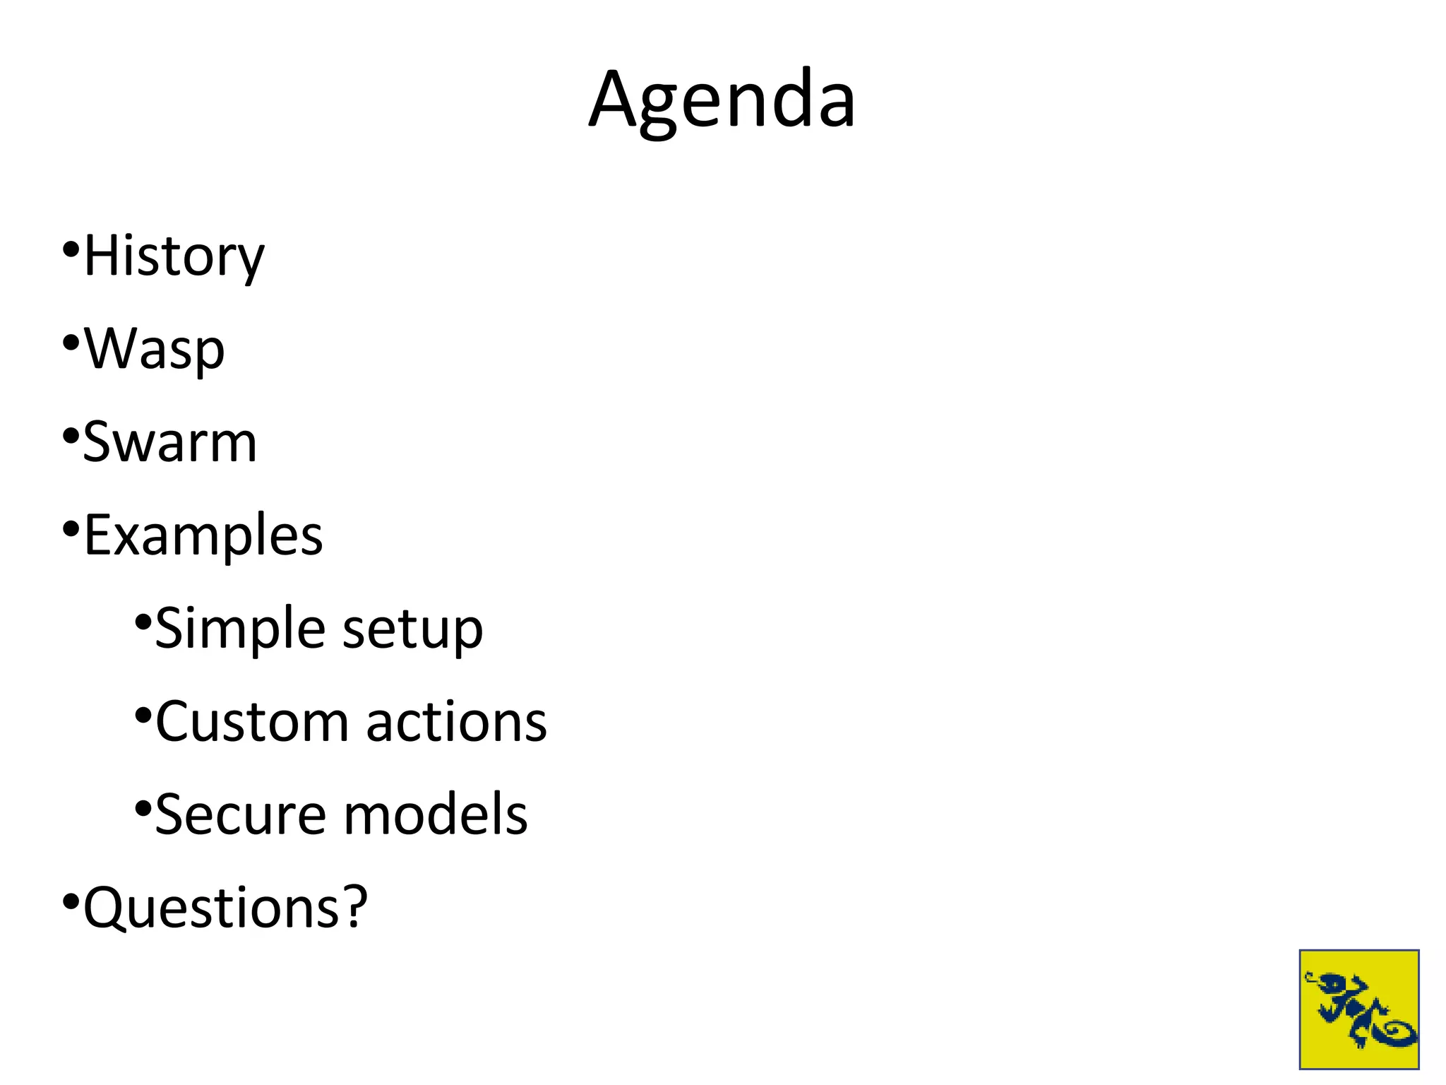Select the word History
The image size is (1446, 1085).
174,256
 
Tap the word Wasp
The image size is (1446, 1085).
154,348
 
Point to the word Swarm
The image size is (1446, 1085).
169,443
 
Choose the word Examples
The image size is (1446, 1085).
203,535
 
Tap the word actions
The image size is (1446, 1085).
456,722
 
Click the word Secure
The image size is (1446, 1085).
240,814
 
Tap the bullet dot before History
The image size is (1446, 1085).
70,249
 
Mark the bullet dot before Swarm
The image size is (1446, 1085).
70,436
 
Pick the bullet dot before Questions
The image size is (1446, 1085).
70,901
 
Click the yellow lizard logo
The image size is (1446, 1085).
1358,1009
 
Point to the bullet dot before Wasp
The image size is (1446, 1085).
70,343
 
